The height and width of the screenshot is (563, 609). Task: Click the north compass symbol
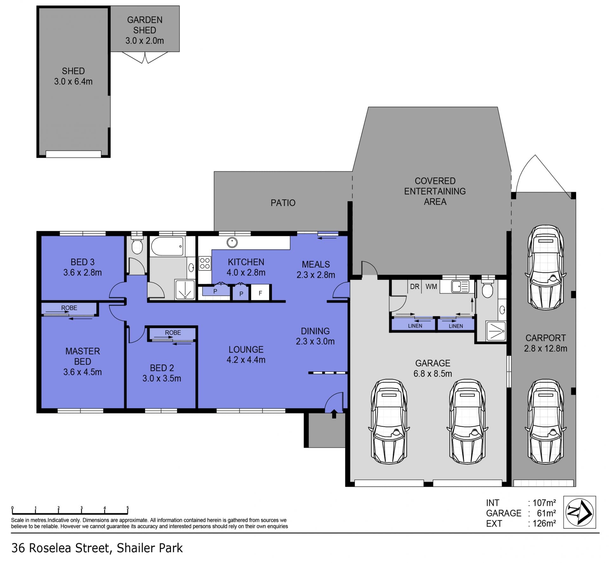[x=580, y=512]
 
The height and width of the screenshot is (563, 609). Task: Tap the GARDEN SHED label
[x=145, y=25]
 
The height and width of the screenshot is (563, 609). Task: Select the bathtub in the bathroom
[x=167, y=246]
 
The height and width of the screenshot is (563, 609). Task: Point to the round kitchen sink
[x=232, y=243]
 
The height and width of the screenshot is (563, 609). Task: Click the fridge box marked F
[x=260, y=293]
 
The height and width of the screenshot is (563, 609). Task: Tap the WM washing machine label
[x=431, y=287]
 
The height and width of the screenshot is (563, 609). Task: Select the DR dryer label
[x=415, y=287]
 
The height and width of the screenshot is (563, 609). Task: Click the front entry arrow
[x=334, y=414]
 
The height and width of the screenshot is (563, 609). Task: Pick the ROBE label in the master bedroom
[x=69, y=308]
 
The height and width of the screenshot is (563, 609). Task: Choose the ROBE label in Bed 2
[x=173, y=333]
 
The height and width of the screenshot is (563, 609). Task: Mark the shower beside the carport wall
[x=496, y=331]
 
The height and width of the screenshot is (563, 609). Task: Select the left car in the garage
[x=389, y=422]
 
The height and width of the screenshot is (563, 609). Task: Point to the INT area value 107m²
[x=544, y=503]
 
